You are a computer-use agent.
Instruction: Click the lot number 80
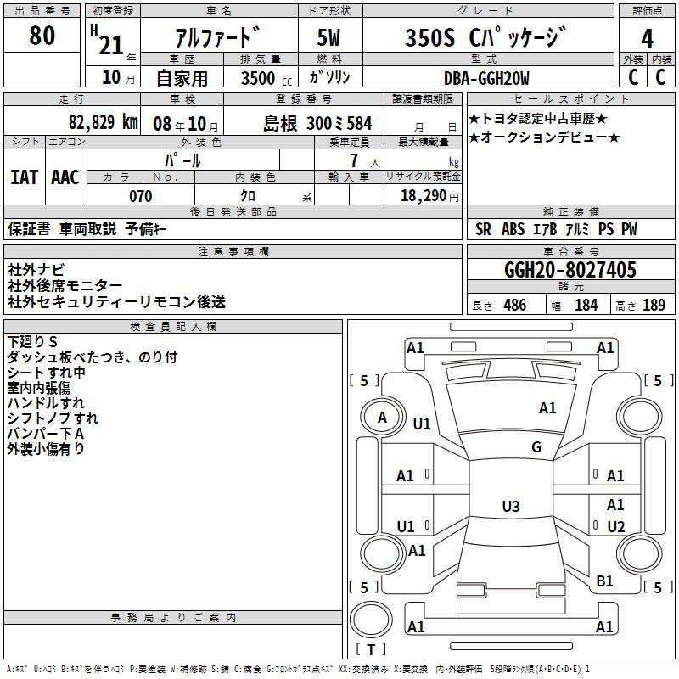(42, 36)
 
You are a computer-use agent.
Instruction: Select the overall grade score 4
(647, 38)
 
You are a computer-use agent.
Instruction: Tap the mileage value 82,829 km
(103, 122)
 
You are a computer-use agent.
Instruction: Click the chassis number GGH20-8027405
(570, 270)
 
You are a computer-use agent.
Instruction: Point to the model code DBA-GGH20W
(486, 78)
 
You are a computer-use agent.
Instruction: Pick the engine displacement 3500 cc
(267, 78)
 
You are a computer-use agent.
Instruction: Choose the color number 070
(141, 196)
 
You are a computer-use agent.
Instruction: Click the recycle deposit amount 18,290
(424, 196)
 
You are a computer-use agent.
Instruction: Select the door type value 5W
(328, 37)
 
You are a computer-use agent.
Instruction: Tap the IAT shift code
(25, 177)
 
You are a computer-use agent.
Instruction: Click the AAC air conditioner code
(65, 177)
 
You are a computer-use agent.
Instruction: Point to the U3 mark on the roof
(511, 506)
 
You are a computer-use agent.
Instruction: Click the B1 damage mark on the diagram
(604, 581)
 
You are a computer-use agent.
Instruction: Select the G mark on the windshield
(536, 447)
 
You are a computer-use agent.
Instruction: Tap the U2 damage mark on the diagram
(616, 526)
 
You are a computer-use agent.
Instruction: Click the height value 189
(654, 305)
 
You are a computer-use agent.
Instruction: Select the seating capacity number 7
(354, 160)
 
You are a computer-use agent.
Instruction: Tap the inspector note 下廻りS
(32, 342)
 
